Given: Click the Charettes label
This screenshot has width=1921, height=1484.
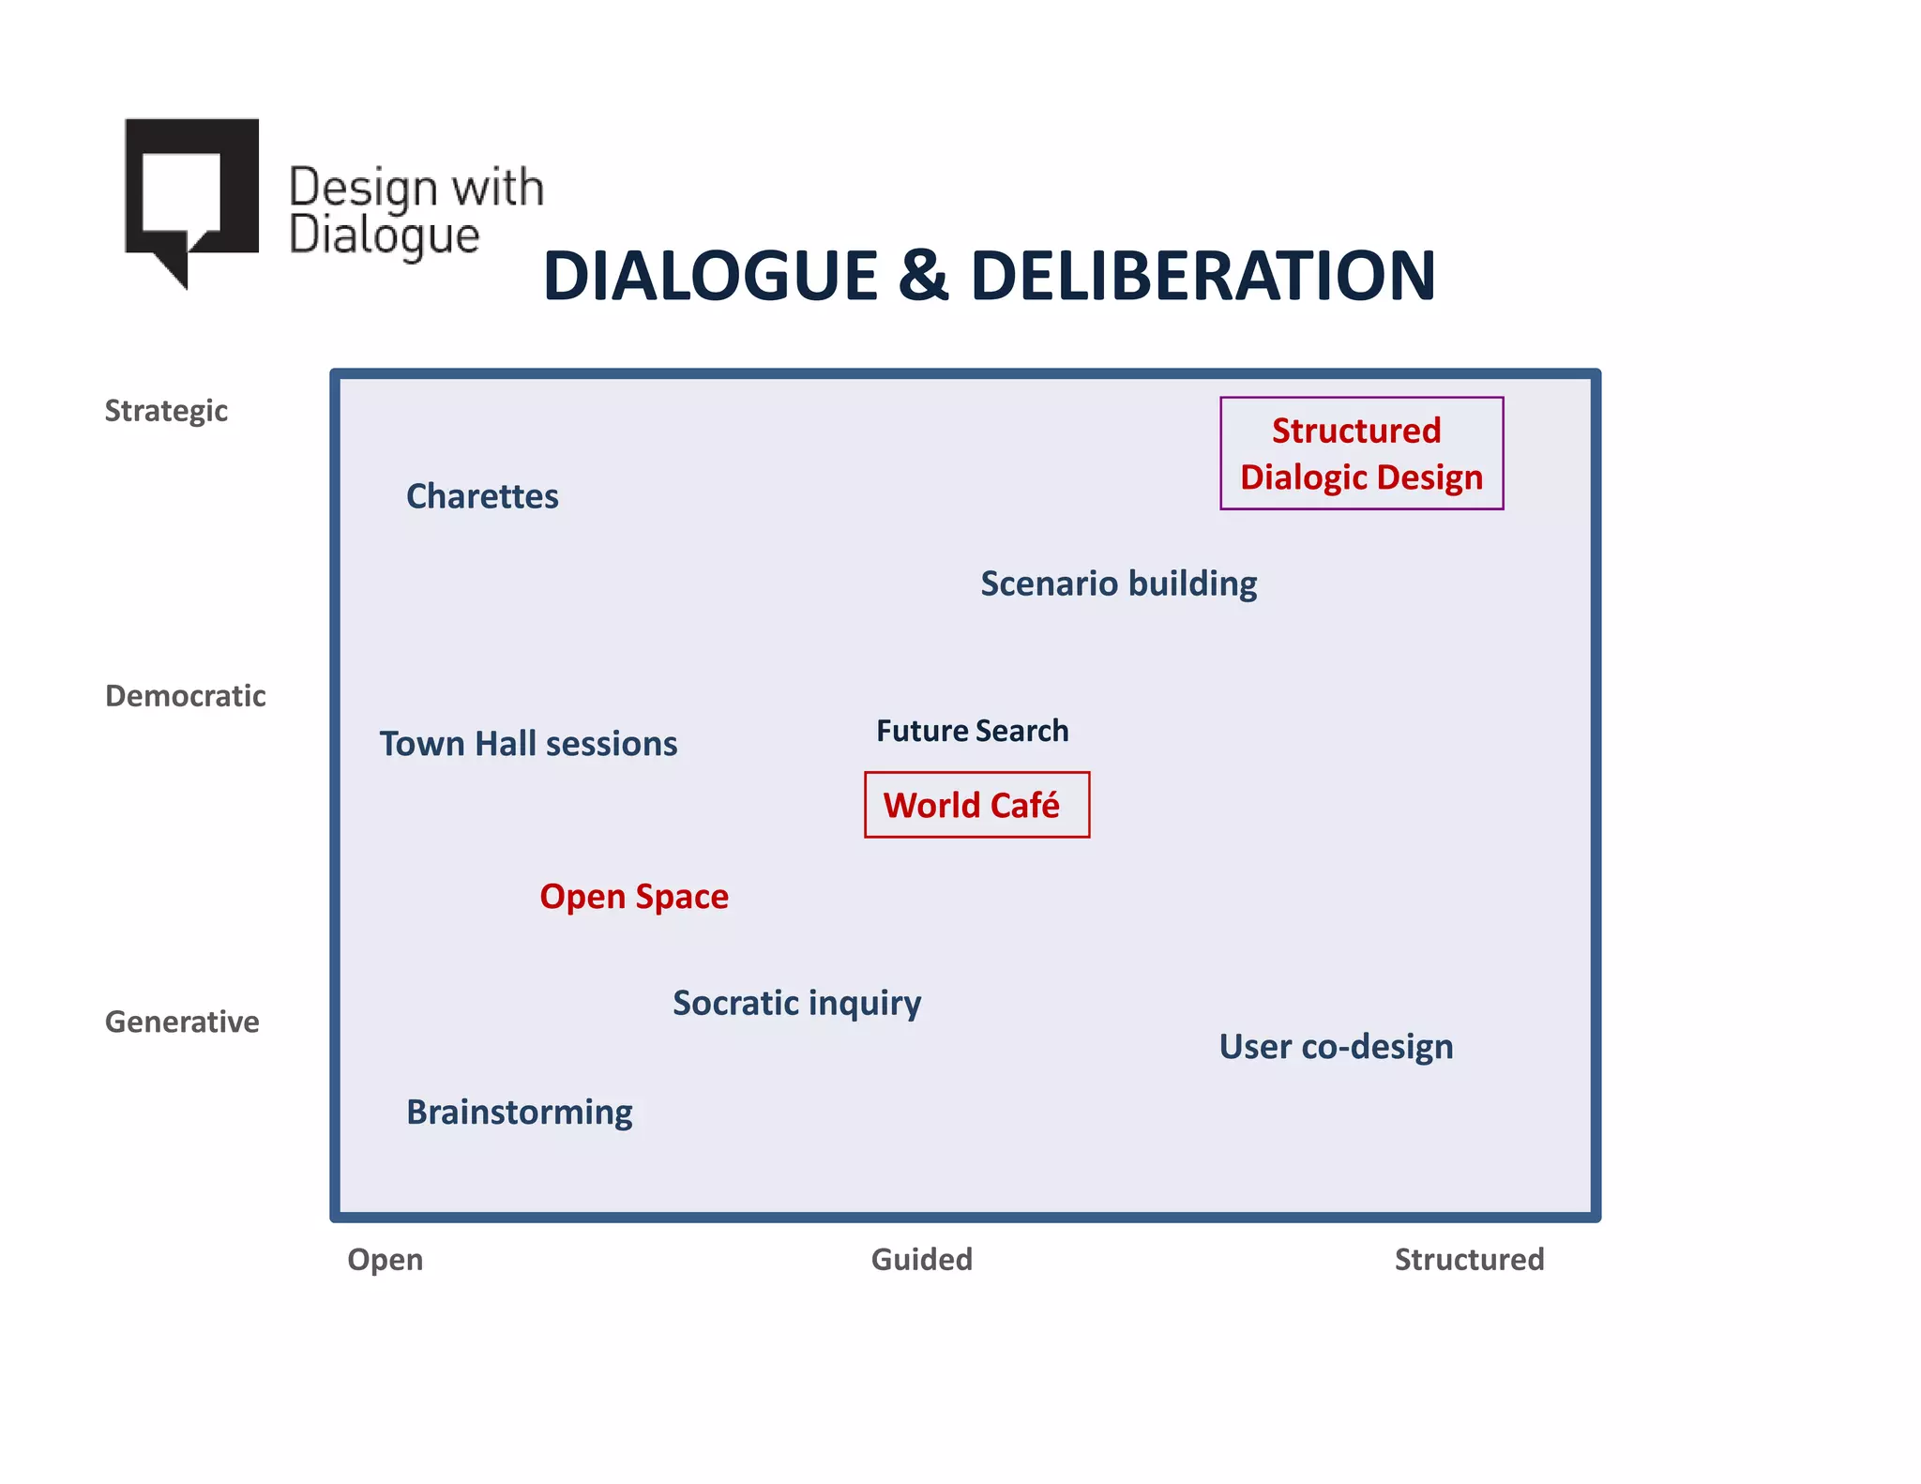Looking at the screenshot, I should pos(482,496).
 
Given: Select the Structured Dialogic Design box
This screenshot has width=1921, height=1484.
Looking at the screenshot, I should pos(1361,454).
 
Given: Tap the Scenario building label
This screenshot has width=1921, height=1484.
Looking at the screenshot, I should pos(1118,583).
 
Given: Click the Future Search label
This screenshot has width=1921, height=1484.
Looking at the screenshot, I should pos(972,731).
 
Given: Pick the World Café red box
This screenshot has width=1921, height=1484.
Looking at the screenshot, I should pos(976,805).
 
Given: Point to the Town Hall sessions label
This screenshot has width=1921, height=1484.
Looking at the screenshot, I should pos(528,744).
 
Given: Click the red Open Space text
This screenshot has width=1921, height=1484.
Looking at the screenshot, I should pos(634,897).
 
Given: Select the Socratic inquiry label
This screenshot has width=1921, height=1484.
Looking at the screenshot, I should pos(796,1003).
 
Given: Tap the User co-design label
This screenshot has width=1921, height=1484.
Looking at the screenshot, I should pos(1336,1047).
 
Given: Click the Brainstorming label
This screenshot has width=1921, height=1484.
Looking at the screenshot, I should pos(519,1113).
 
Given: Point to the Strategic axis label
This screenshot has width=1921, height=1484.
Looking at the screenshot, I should pos(166,411).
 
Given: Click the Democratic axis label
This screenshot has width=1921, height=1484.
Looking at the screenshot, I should pos(185,696).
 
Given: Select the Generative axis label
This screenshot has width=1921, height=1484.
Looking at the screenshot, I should pos(182,1022).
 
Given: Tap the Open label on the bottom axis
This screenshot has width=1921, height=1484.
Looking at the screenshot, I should pos(385,1259).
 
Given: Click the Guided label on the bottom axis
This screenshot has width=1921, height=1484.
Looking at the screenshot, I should pos(921,1259).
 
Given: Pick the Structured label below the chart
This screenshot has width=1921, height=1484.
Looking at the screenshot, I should pos(1469,1259).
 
